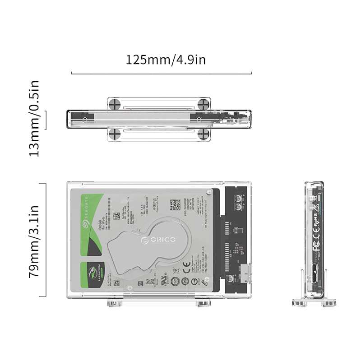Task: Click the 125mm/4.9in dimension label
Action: [166, 60]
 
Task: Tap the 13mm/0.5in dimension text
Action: [34, 118]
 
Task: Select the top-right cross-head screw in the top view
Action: [204, 104]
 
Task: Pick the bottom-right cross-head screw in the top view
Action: [204, 134]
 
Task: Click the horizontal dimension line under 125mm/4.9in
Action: [162, 73]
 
